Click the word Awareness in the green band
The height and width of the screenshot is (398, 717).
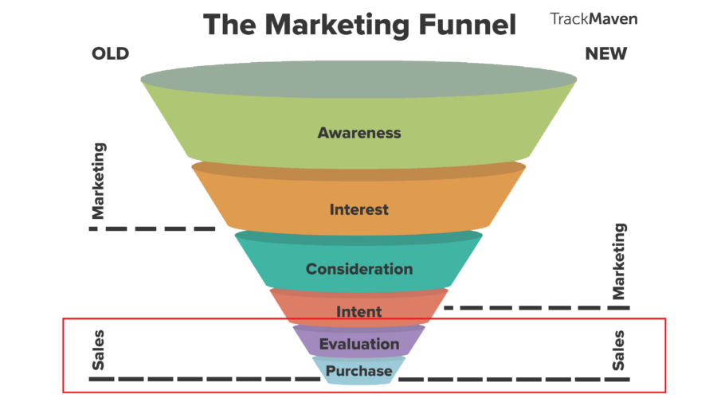point(359,133)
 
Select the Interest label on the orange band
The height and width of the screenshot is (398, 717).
point(359,209)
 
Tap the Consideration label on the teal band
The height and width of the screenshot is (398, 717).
point(359,269)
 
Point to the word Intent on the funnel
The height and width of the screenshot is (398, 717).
point(359,312)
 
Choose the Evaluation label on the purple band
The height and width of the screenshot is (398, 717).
point(359,344)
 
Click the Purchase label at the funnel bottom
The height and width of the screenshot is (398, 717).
point(359,371)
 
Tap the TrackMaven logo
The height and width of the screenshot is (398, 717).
point(594,19)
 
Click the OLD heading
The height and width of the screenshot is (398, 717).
point(110,54)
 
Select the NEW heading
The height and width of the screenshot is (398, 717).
point(606,54)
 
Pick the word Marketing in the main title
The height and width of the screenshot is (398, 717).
point(337,25)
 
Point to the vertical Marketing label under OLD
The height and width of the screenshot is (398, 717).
point(98,181)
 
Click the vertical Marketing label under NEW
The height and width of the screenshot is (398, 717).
point(618,261)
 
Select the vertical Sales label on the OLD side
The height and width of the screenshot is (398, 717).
point(98,350)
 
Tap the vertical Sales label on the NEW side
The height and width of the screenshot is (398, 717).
point(618,350)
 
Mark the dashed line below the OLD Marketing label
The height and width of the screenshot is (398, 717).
point(152,228)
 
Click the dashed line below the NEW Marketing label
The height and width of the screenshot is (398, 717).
point(537,308)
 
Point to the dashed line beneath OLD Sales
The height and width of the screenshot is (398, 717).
point(205,379)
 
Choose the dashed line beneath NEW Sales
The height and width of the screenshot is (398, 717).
point(515,379)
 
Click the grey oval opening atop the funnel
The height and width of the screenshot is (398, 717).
point(358,80)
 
